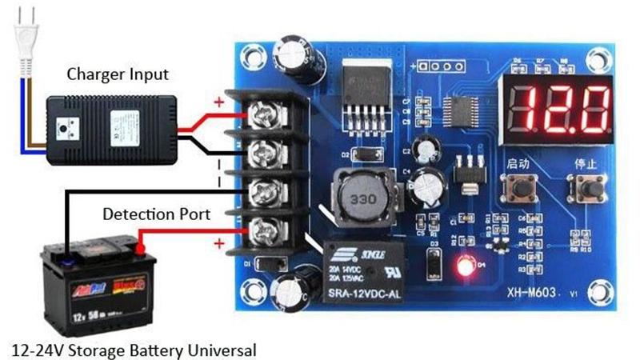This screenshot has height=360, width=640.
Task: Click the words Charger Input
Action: click(x=118, y=75)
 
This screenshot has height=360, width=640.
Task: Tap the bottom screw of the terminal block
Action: click(x=264, y=233)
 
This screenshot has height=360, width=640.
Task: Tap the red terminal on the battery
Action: click(x=141, y=250)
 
